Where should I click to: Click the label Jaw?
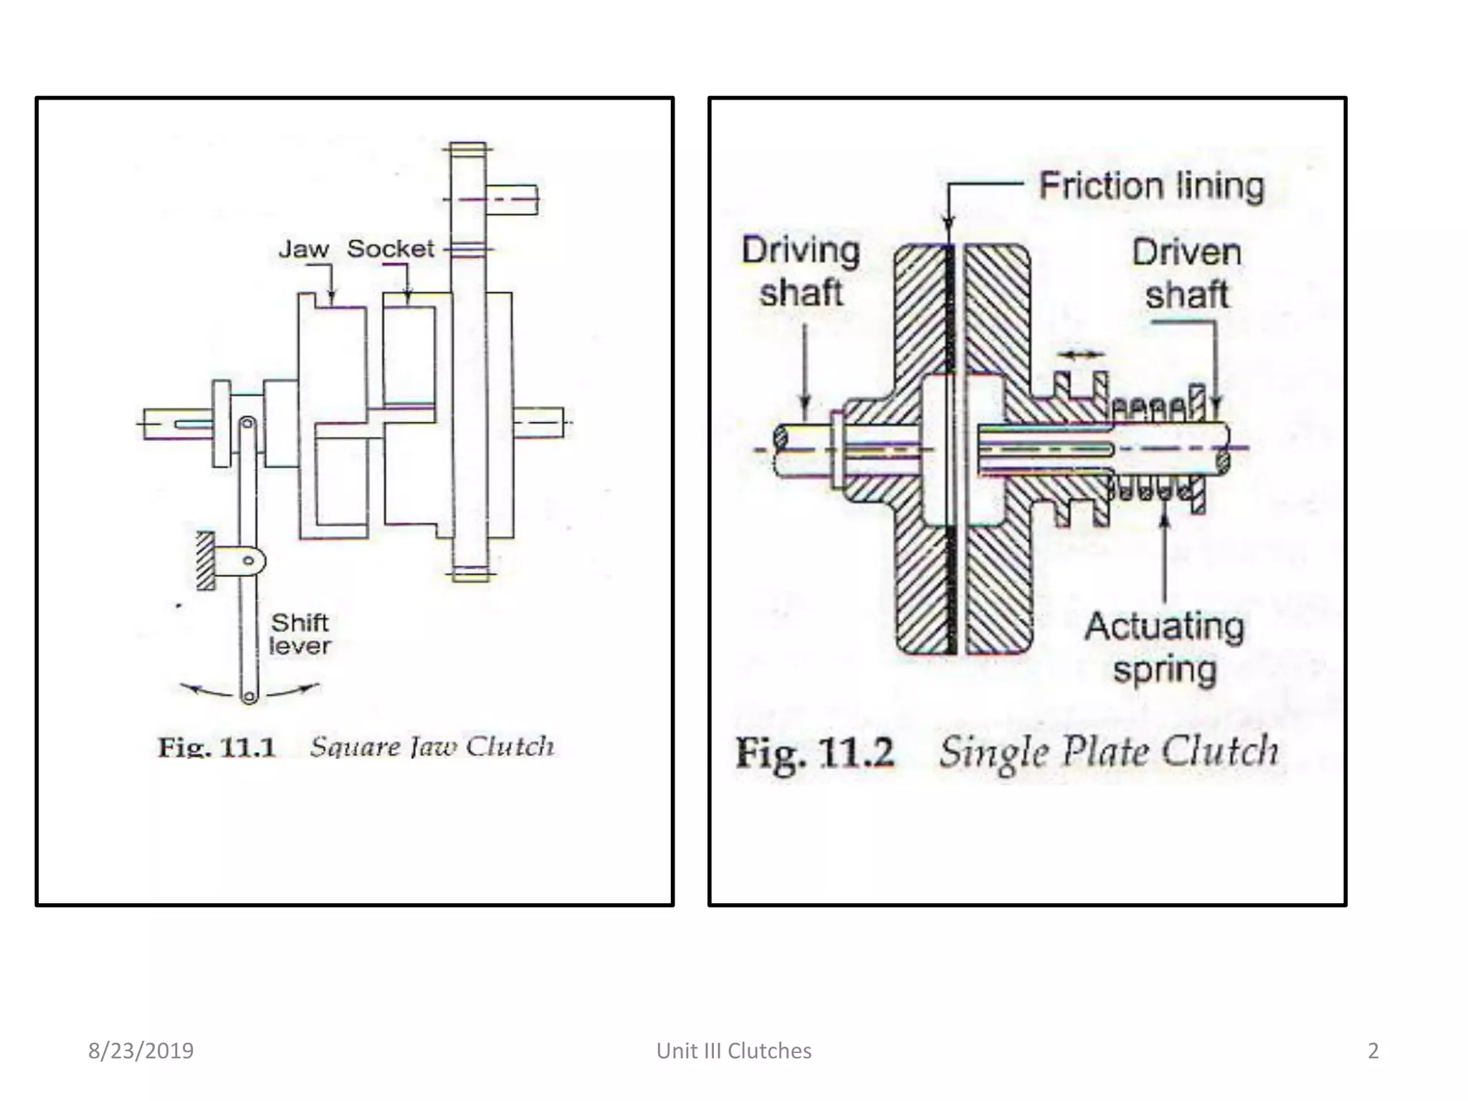coord(303,249)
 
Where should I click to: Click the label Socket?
coord(391,249)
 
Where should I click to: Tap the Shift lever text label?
coord(300,634)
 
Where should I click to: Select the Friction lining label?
coord(1152,186)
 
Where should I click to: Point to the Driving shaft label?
coord(801,272)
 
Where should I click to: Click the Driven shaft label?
coord(1186,274)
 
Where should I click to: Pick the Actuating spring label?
coord(1164,648)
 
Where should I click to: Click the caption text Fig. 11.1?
coord(217,748)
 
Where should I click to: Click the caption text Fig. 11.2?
coord(815,753)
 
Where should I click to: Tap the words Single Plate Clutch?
coord(1108,753)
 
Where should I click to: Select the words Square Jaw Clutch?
coord(432,747)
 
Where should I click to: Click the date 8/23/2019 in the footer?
coord(140,1051)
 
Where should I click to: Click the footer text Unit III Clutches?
coord(734,1051)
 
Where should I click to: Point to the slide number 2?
coord(1373,1051)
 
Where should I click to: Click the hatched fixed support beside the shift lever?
coord(206,561)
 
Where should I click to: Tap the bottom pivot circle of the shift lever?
coord(249,695)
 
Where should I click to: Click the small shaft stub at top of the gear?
coord(512,199)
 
